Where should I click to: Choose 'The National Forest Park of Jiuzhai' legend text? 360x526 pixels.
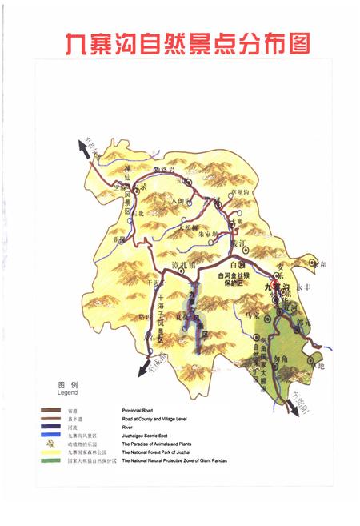point(166,452)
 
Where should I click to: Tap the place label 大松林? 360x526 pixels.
point(187,227)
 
